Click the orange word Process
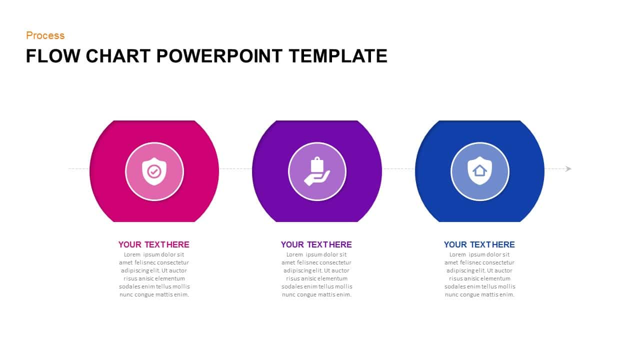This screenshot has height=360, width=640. click(45, 35)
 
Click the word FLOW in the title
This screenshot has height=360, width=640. click(53, 55)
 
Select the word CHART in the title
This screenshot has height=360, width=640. click(118, 55)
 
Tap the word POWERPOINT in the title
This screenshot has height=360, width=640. click(219, 55)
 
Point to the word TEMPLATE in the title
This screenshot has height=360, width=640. click(338, 55)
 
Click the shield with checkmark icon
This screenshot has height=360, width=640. click(154, 171)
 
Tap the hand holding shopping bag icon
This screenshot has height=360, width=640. click(317, 171)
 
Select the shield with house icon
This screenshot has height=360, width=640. click(479, 171)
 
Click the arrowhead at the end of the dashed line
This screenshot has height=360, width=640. click(568, 169)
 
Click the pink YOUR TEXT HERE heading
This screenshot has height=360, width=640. click(153, 244)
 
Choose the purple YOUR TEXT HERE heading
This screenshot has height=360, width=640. click(316, 244)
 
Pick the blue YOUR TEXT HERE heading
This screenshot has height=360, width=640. click(479, 244)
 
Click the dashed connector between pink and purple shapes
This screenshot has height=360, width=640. click(235, 169)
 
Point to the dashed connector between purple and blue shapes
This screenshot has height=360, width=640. click(398, 169)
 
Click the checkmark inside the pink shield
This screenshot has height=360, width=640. click(154, 171)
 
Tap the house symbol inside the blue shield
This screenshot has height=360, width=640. click(479, 171)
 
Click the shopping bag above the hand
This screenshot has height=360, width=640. click(317, 164)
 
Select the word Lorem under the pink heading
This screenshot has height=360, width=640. click(132, 254)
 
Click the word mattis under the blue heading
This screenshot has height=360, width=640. click(492, 294)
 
